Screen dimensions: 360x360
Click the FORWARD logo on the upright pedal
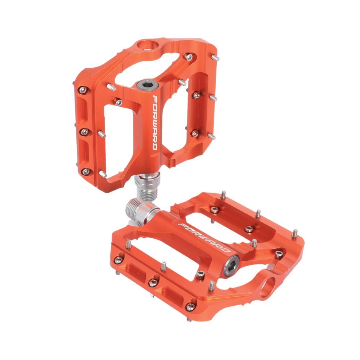pos(154,122)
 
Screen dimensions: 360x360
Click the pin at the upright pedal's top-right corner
pos(215,57)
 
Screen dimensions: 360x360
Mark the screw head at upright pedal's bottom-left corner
pos(85,172)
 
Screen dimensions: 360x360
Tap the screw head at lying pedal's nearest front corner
pos(189,306)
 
